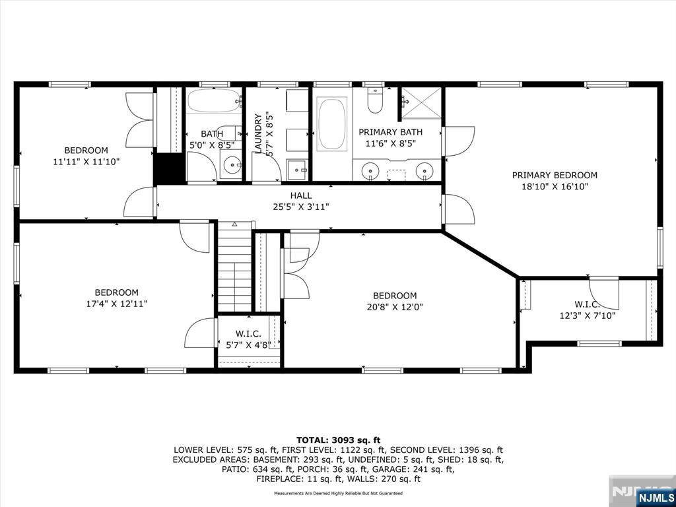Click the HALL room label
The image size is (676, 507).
[301, 195]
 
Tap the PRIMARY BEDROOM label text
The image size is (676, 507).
[555, 176]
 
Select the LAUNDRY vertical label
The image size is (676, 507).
[259, 133]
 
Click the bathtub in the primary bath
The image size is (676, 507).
[331, 123]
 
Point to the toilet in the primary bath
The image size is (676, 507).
[376, 101]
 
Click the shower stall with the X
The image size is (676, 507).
[422, 102]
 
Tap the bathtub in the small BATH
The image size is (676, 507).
[214, 101]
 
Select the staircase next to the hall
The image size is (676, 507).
[234, 267]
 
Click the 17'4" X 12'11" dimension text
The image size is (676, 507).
[117, 304]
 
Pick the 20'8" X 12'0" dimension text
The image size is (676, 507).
[395, 307]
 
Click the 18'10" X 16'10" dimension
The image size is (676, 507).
[555, 187]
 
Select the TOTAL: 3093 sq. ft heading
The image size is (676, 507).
[339, 440]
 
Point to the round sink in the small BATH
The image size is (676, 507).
[233, 164]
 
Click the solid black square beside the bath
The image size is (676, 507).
[170, 168]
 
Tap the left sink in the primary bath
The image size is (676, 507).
[370, 171]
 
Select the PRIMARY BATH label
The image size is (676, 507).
[391, 132]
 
